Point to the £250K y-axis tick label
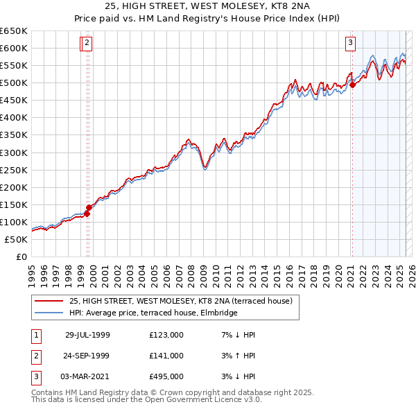pos(13,170)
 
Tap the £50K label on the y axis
pos(16,239)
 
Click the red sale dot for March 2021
pos(352,85)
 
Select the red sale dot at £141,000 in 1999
pos(89,207)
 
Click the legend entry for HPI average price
pos(153,313)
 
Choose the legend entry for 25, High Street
pos(181,301)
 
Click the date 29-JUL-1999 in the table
pos(87,335)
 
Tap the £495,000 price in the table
pos(166,376)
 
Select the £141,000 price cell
pos(166,356)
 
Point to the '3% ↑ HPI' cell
pos(239,356)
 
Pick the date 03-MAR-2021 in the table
pos(87,376)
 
